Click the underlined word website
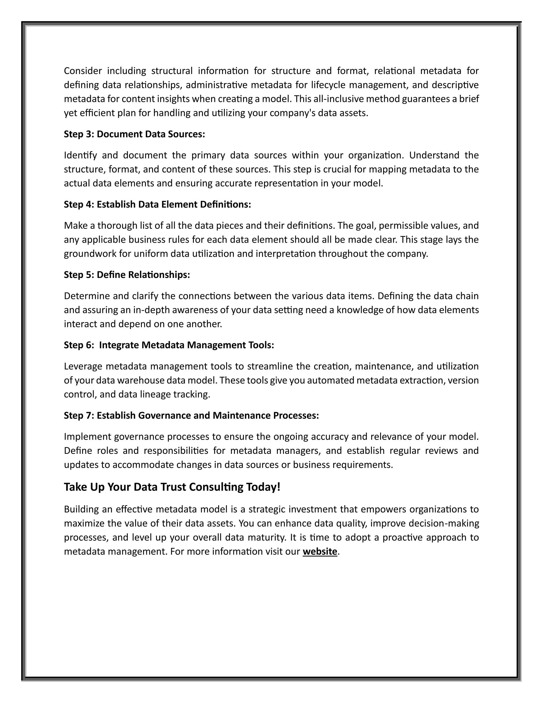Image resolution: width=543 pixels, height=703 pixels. [320, 552]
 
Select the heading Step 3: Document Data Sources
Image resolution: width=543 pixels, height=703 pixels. [134, 134]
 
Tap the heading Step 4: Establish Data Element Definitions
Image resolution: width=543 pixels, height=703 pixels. [157, 204]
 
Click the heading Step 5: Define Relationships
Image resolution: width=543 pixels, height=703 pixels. [127, 275]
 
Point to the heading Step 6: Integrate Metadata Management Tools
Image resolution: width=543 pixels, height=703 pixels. [169, 345]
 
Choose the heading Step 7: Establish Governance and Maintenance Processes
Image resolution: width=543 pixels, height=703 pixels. [191, 415]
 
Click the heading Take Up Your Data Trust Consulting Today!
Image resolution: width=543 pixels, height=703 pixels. [172, 487]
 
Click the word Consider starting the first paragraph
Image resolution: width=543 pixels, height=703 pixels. [83, 71]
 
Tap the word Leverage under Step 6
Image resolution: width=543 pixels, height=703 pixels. [83, 366]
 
